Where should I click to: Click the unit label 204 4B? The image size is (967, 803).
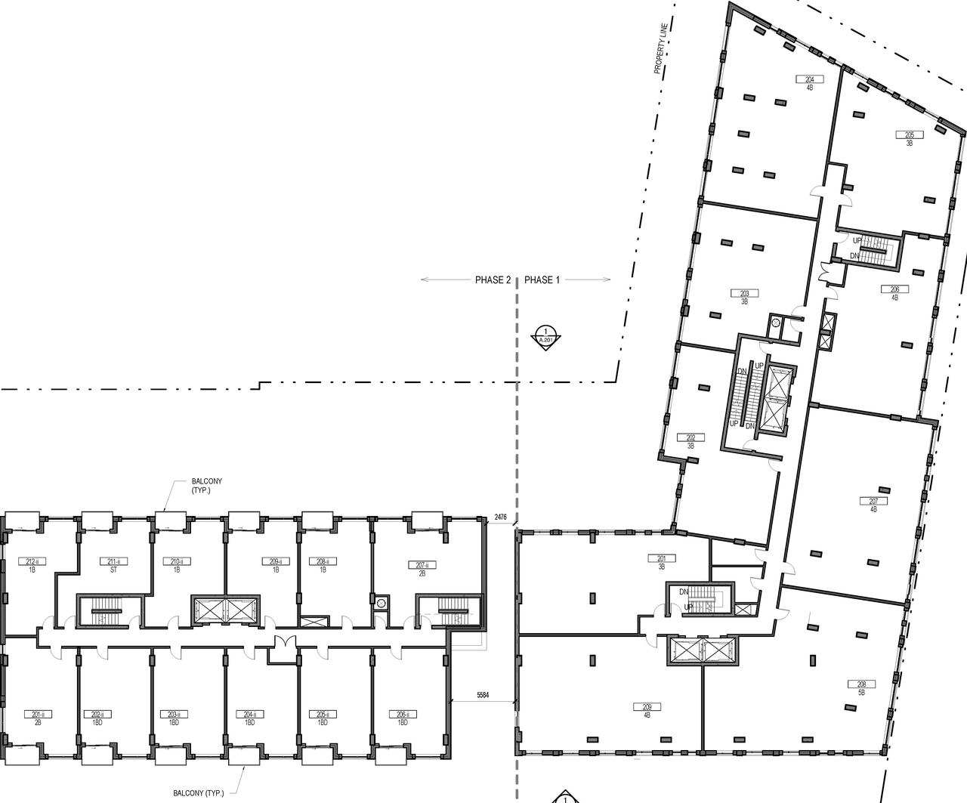click(x=809, y=83)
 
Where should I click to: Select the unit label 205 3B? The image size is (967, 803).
click(x=909, y=139)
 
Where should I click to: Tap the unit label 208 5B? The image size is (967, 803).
click(x=860, y=688)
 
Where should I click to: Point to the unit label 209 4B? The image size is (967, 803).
click(x=647, y=711)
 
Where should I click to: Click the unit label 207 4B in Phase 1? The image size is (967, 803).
click(x=873, y=505)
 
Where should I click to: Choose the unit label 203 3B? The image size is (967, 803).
click(x=744, y=297)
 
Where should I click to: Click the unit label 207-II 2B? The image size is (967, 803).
click(x=422, y=569)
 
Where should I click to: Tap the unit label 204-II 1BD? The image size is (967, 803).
click(x=249, y=718)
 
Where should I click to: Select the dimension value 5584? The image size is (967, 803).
click(x=485, y=694)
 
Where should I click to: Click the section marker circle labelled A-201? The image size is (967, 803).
click(x=545, y=334)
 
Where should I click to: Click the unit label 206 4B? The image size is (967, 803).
click(x=894, y=293)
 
